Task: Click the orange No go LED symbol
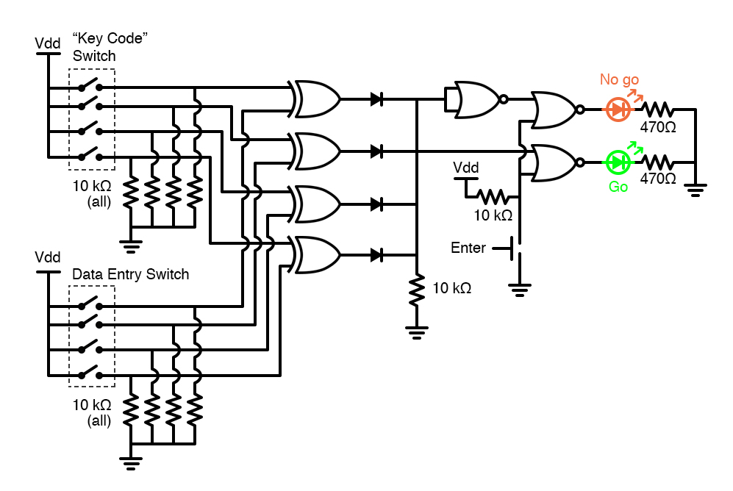point(617,110)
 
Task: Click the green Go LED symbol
point(617,162)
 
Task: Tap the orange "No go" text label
point(619,79)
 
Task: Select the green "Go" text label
point(618,187)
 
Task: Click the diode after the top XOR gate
point(376,99)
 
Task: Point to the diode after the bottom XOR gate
point(376,255)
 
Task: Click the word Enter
point(468,248)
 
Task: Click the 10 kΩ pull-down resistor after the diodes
point(417,289)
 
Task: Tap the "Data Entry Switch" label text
point(130,274)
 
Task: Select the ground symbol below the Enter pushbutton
point(520,288)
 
